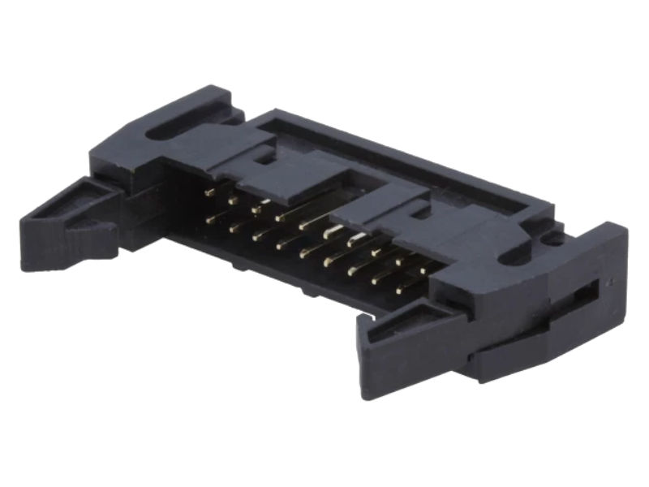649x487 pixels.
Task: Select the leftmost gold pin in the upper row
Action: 210,192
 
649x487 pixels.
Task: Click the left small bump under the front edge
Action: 236,263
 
